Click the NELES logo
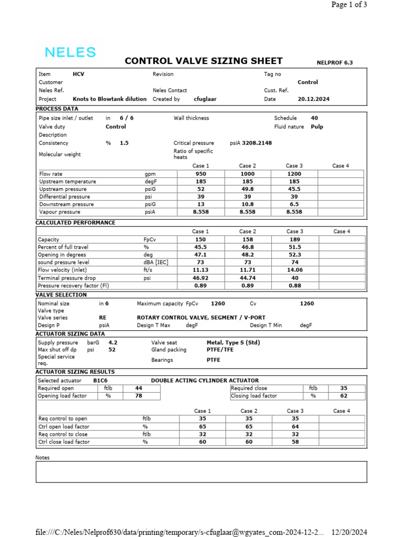[x=70, y=52]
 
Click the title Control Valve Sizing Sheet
[x=204, y=61]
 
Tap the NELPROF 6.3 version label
[x=335, y=63]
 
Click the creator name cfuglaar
[x=206, y=99]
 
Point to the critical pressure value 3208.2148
[x=257, y=143]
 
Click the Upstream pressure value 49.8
[x=247, y=189]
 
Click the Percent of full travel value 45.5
[x=200, y=247]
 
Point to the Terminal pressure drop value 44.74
[x=248, y=278]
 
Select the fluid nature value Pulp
[x=317, y=126]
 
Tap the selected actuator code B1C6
[x=100, y=380]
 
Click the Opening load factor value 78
[x=139, y=396]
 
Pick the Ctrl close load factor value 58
[x=295, y=442]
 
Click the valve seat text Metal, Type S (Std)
[x=233, y=342]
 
